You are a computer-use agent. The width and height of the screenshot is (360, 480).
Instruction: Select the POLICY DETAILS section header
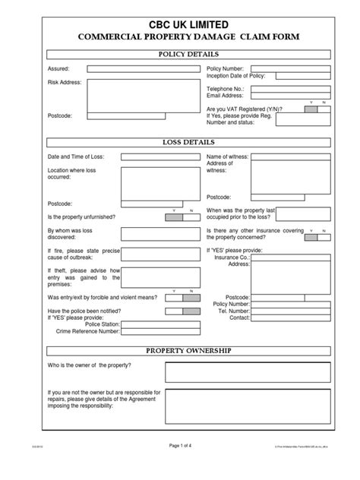click(188, 54)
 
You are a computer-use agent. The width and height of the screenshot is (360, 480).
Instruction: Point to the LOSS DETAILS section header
click(188, 142)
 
